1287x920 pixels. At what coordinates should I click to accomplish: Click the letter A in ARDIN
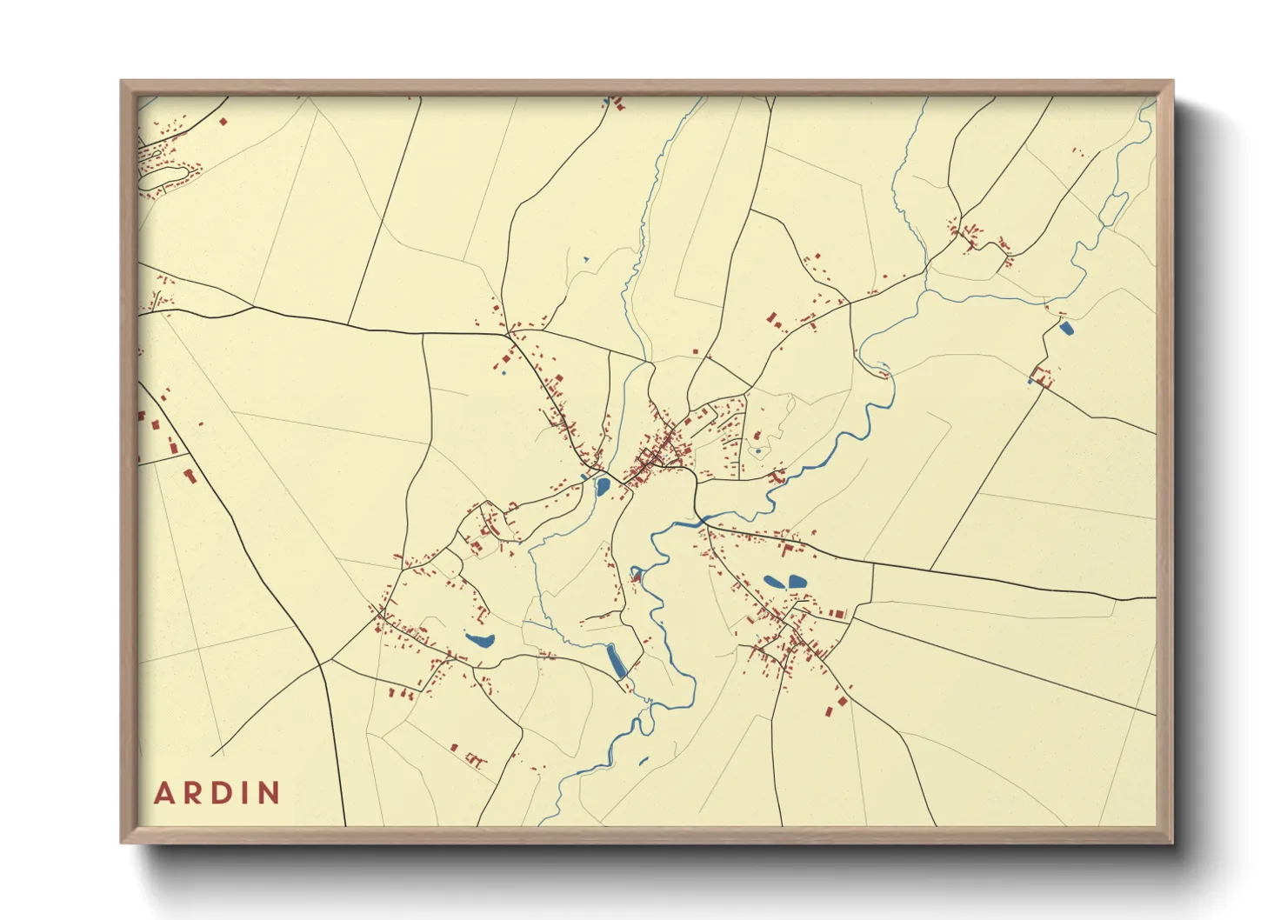[x=163, y=793]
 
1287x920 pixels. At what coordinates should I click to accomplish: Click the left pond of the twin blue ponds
[x=773, y=582]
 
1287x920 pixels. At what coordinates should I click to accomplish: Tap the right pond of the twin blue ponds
[x=797, y=581]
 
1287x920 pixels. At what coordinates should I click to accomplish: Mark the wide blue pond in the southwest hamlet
[x=479, y=642]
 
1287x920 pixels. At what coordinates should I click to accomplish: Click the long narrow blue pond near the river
[x=617, y=662]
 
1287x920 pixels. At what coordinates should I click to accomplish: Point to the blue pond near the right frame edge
[x=1066, y=328]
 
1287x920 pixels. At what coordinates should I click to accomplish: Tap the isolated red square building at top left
[x=223, y=122]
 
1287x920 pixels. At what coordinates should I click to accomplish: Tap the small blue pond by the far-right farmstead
[x=1032, y=381]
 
